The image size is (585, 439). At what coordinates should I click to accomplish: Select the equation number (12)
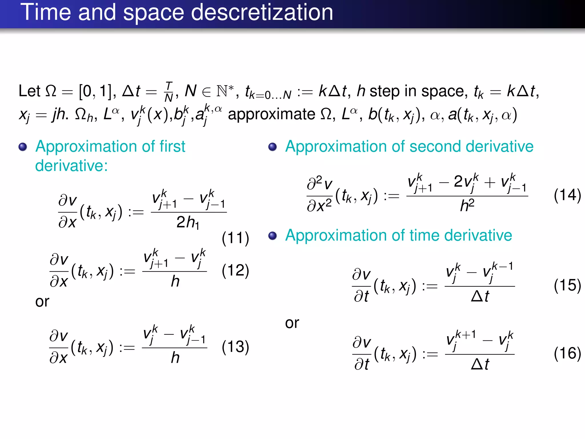click(x=235, y=270)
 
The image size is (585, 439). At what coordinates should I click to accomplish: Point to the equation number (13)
click(x=235, y=347)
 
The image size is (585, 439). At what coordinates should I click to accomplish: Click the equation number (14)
click(x=567, y=195)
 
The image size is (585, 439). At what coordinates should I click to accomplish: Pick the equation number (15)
click(x=567, y=285)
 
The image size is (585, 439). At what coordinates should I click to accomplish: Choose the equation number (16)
click(x=567, y=353)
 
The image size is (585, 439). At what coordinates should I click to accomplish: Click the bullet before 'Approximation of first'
click(x=23, y=147)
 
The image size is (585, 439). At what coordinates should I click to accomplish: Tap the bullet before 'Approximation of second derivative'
click(x=273, y=147)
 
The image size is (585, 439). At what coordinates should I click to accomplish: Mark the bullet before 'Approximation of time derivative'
click(x=273, y=236)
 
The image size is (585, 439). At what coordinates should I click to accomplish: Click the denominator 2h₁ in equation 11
click(x=188, y=222)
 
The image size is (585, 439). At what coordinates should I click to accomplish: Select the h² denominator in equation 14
click(x=467, y=205)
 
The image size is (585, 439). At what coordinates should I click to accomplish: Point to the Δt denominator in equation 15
click(x=480, y=296)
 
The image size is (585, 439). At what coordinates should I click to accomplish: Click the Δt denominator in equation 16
click(x=480, y=364)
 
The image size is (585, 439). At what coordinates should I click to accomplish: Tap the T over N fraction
click(x=169, y=92)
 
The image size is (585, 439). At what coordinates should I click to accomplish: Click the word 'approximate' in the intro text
click(x=271, y=114)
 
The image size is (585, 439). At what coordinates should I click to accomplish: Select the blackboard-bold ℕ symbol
click(x=222, y=91)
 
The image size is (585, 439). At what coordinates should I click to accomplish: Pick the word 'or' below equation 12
click(x=42, y=302)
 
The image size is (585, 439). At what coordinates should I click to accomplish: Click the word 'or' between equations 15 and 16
click(x=292, y=323)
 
